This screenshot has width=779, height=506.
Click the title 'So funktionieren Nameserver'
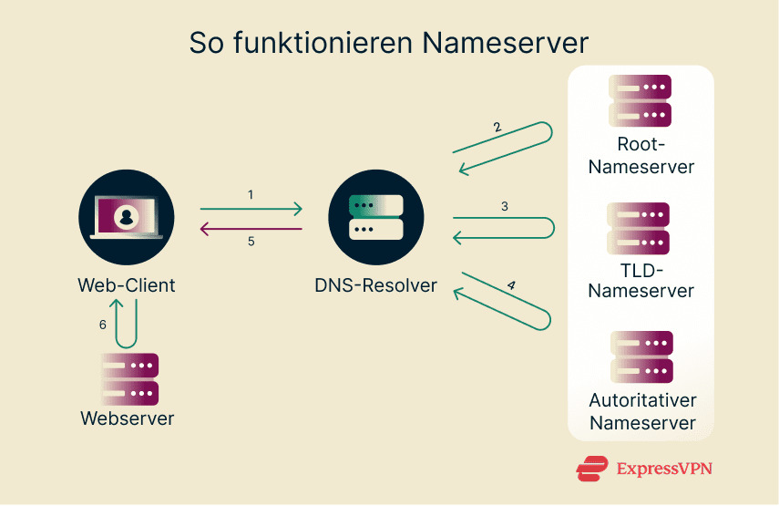389,43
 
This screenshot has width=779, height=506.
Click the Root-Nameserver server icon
640,100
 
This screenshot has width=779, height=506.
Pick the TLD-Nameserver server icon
640,228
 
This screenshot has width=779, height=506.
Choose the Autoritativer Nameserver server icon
641,356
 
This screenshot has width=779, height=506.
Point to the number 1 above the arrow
250,195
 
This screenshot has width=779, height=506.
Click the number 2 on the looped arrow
497,128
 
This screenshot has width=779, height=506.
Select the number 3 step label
504,206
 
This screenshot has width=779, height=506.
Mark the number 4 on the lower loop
511,285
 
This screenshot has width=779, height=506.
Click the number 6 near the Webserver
102,324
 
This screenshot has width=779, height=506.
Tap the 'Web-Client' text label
127,285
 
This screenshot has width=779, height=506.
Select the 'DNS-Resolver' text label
376,285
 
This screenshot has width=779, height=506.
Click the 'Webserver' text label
128,419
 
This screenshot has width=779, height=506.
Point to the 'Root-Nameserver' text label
641,156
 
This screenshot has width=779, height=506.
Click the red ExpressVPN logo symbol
592,469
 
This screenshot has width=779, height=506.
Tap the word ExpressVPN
664,469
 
